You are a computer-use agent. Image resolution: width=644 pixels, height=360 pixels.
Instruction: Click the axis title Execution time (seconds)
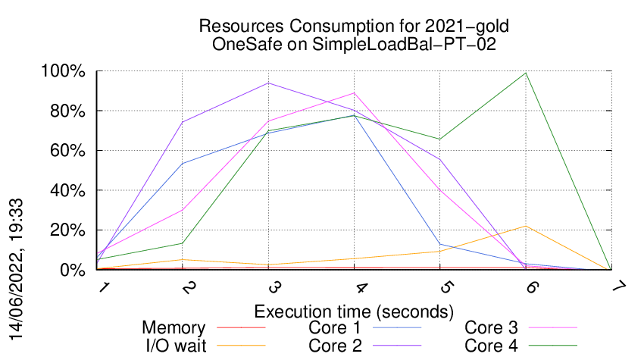354,311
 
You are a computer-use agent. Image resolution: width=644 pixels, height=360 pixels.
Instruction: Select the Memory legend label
174,328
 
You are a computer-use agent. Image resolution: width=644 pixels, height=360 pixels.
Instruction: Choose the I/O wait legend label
168,345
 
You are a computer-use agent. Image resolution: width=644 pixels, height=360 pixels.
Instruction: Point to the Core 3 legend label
491,328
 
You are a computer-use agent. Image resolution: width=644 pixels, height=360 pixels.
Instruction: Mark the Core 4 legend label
491,345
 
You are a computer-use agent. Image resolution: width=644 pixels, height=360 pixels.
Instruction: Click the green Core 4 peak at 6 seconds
525,74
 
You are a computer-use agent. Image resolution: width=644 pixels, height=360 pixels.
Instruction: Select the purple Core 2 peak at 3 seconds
267,83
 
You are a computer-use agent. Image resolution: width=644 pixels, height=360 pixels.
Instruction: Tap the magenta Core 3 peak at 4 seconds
354,93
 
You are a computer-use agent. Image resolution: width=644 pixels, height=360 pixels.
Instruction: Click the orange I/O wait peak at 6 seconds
525,226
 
